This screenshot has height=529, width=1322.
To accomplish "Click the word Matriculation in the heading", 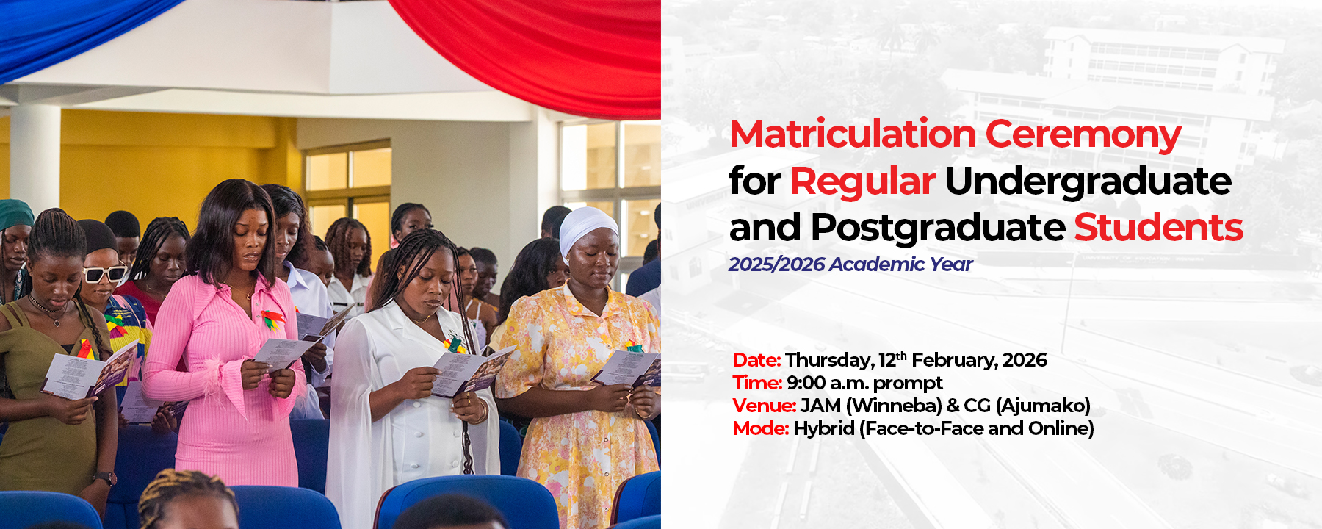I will pyautogui.click(x=852, y=134).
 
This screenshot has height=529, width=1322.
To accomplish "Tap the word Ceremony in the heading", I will pyautogui.click(x=1083, y=134).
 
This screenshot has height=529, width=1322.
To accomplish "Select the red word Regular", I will pyautogui.click(x=862, y=181).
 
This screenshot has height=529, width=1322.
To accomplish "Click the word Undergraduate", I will pyautogui.click(x=1088, y=181).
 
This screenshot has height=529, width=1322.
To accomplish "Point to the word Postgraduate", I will pyautogui.click(x=937, y=228).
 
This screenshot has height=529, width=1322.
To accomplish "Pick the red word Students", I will pyautogui.click(x=1158, y=228).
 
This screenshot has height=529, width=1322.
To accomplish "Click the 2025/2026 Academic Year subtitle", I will pyautogui.click(x=850, y=264).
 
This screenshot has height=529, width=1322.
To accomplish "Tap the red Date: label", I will pyautogui.click(x=756, y=360).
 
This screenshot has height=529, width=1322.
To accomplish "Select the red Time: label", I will pyautogui.click(x=756, y=383).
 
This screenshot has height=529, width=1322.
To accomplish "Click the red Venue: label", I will pyautogui.click(x=764, y=406).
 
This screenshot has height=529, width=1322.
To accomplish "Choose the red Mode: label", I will pyautogui.click(x=760, y=428).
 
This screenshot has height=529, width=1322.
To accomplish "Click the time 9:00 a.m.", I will pyautogui.click(x=827, y=383).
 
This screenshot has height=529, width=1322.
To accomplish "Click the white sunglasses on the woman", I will pyautogui.click(x=104, y=274).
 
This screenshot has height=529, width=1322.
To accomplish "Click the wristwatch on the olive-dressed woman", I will pyautogui.click(x=106, y=478).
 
